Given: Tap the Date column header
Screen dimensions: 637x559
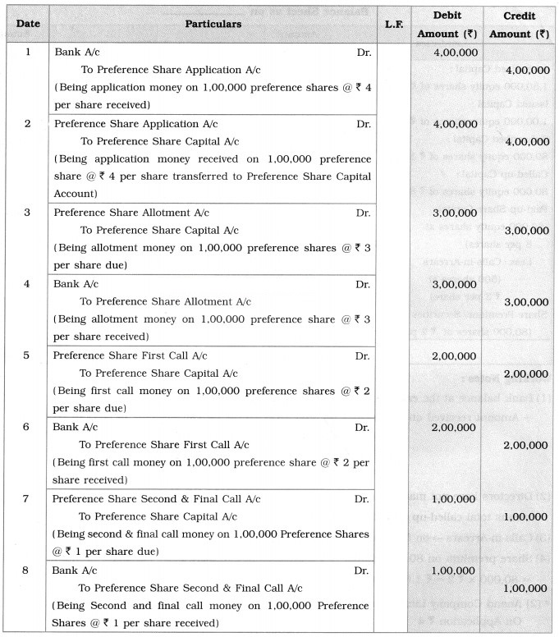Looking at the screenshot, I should coord(27,25).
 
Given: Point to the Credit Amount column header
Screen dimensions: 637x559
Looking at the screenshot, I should coord(519,25).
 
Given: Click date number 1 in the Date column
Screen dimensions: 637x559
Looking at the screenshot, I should coord(28,52).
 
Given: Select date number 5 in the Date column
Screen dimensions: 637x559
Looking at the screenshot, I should coord(28,355).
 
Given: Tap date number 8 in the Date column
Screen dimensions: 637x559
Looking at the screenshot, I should coord(28,568).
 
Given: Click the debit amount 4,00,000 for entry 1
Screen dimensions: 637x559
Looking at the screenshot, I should coord(451,53).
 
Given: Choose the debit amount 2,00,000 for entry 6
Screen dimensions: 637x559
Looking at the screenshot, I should coord(451,428).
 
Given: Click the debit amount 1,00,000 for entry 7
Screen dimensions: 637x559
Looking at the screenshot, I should coord(451,498).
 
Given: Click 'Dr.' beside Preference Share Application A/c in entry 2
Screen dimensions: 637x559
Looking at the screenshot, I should coord(363,123).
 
